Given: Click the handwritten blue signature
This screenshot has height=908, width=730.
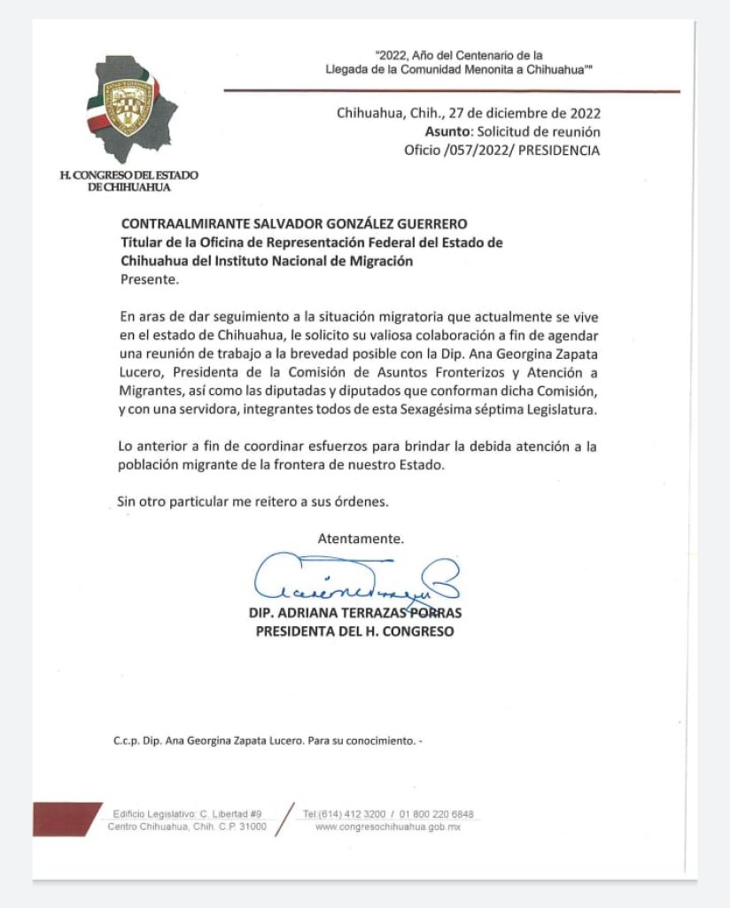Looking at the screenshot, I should coord(354,580).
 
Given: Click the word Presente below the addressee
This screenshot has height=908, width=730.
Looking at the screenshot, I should coord(149,280).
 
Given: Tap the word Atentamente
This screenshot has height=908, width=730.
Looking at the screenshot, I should coord(361,538).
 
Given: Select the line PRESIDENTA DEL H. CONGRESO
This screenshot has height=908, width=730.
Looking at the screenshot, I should coord(354,632).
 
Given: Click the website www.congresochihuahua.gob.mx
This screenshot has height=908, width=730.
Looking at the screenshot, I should coord(389,827).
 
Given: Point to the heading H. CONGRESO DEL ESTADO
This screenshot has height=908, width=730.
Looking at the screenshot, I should coord(129,175).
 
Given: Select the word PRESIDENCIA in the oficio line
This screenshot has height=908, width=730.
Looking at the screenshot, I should coord(559,151).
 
